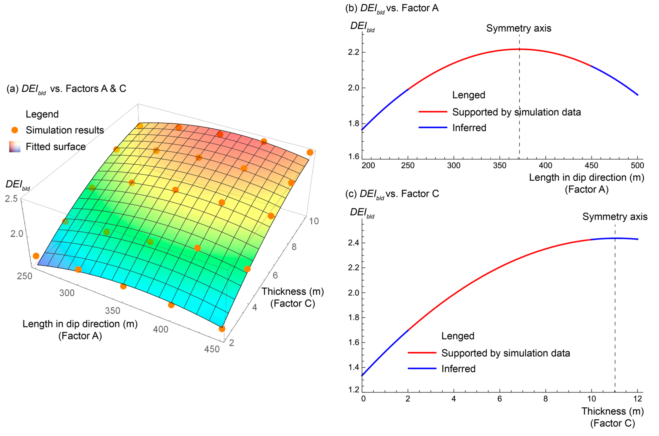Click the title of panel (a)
tap(66, 89)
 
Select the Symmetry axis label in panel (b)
tap(519, 28)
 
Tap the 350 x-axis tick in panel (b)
tap(500, 165)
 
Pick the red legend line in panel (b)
tap(433, 112)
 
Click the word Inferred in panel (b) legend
tap(469, 128)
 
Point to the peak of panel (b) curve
tap(519, 49)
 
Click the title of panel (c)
tap(392, 194)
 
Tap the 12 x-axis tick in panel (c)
tap(638, 399)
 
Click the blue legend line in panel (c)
tap(422, 368)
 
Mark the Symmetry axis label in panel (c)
tap(615, 217)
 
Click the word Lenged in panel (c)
tap(458, 336)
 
